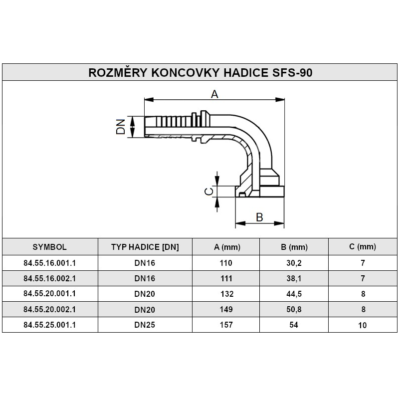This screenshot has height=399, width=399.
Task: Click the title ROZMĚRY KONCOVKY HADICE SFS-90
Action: click(x=200, y=72)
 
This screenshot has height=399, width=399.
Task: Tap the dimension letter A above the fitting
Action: click(x=214, y=94)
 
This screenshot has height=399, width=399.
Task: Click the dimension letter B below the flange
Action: click(x=259, y=217)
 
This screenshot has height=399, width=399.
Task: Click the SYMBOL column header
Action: click(x=49, y=246)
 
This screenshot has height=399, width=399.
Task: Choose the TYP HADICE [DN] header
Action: click(x=145, y=247)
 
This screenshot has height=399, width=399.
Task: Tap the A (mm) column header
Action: click(x=227, y=247)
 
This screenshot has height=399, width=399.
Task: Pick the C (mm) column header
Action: click(x=363, y=246)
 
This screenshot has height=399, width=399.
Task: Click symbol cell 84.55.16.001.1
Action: click(x=49, y=262)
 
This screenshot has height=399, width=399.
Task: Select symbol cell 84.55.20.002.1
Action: click(x=49, y=309)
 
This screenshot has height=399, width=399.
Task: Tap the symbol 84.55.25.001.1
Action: click(x=49, y=325)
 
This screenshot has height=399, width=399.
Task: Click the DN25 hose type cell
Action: click(x=145, y=325)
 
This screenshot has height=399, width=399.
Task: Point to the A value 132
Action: click(x=227, y=294)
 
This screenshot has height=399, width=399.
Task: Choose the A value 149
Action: click(x=227, y=309)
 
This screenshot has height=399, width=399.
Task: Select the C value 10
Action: click(x=363, y=325)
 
